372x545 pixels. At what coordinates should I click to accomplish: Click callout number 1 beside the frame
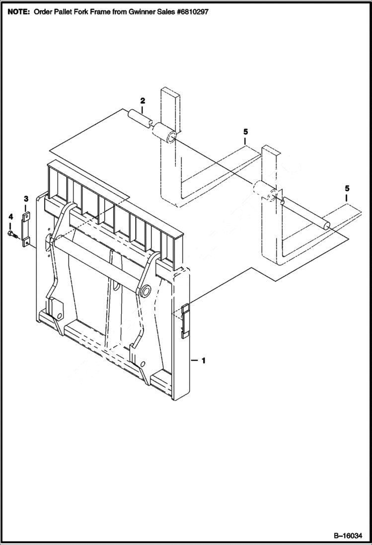click(x=203, y=361)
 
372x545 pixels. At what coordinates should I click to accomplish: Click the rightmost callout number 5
click(x=347, y=188)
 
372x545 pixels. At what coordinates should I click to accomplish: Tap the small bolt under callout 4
click(x=12, y=233)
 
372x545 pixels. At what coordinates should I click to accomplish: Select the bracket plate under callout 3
click(x=26, y=228)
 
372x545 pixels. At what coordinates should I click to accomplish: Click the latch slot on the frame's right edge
click(x=184, y=321)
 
